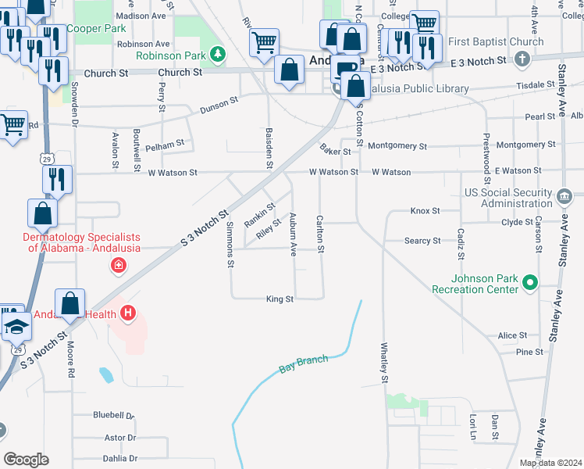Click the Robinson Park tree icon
point(219,55)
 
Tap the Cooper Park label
point(96,28)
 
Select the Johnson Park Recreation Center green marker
point(531,282)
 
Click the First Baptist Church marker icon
point(523,59)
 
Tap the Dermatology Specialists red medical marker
point(118,266)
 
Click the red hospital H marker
point(128,314)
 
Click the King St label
point(280,299)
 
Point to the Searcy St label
point(422,241)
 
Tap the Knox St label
point(426,211)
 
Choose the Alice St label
point(512,335)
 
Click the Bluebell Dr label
point(114,415)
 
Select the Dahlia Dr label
point(121,459)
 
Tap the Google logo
point(27,460)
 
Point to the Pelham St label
point(165,144)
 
